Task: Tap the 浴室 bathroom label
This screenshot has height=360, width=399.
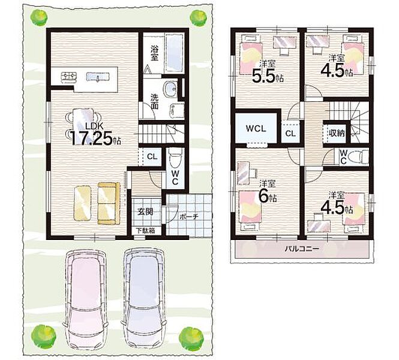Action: (154, 53)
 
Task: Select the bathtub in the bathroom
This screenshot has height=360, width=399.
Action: (175, 53)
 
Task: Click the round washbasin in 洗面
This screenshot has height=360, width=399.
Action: (170, 89)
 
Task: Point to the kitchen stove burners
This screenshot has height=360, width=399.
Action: (69, 77)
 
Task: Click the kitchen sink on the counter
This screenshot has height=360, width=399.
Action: (98, 77)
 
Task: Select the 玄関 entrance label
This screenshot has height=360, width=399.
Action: (146, 211)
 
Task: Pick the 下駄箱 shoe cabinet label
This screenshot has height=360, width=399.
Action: (145, 231)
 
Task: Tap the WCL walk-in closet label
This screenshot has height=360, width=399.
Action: (256, 128)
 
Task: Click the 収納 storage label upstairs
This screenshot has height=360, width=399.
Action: (337, 133)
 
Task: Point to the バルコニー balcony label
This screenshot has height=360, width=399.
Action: (301, 248)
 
